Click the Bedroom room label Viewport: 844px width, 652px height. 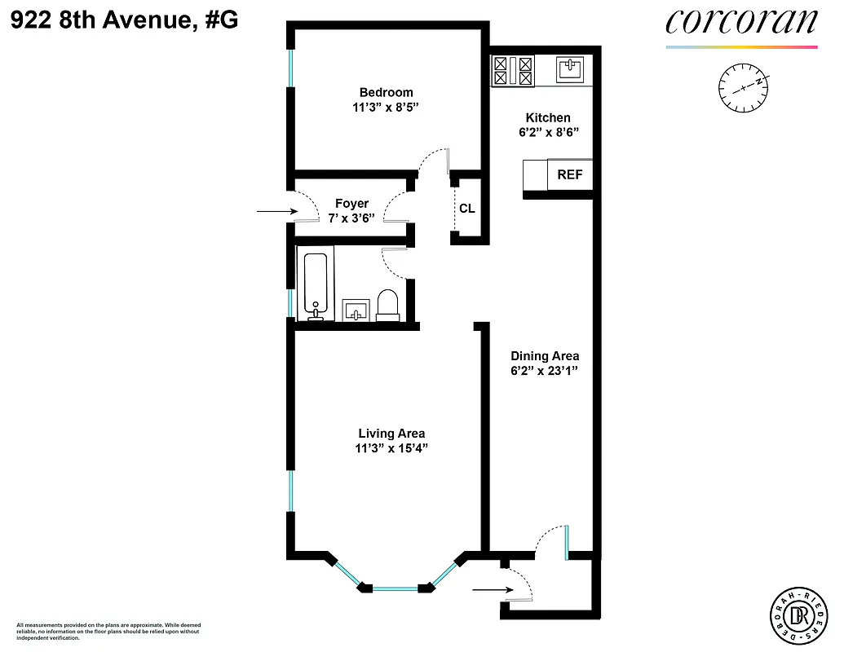[386, 93]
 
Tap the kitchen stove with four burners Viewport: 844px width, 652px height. [512, 70]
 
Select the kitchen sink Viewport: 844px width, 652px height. [569, 68]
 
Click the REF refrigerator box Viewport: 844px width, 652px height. [569, 174]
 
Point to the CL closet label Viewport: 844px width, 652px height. [466, 209]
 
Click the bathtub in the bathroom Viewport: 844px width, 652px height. [316, 285]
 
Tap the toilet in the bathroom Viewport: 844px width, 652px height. [387, 305]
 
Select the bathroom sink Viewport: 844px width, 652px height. [355, 311]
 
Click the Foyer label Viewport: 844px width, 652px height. [351, 204]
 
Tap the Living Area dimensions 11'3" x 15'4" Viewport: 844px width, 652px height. [391, 448]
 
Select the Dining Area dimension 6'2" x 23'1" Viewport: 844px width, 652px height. [545, 370]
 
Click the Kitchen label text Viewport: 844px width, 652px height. [548, 118]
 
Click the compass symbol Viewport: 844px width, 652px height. [744, 86]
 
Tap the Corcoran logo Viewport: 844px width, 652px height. [740, 23]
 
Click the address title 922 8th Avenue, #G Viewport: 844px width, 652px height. [125, 20]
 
